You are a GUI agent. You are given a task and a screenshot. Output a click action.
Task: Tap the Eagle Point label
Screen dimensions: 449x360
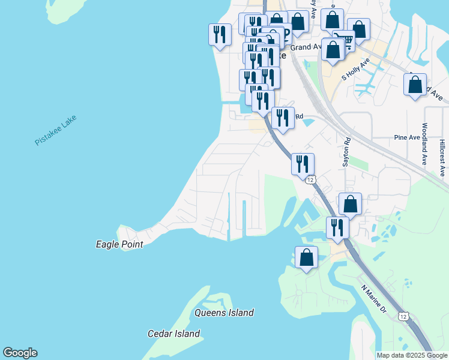coord(119,244)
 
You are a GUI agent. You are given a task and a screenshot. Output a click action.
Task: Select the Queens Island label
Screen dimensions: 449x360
coord(224,313)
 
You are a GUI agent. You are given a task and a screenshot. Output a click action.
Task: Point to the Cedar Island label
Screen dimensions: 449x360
coord(174,334)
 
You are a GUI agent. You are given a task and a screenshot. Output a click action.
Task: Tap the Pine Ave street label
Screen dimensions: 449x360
coord(407,137)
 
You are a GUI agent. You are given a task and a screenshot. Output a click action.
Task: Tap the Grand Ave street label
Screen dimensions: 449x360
coord(306,46)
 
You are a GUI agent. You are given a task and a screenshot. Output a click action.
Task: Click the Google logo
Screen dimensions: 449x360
coord(20,353)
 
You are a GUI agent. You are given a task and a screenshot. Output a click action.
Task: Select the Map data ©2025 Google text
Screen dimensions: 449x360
coord(412,355)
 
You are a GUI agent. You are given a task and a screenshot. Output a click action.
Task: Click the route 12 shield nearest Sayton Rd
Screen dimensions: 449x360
coord(310,179)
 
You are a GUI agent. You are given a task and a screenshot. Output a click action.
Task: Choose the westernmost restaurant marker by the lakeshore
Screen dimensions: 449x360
coord(220,34)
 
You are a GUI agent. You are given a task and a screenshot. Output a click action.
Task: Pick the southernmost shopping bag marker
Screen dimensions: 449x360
coord(306,257)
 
